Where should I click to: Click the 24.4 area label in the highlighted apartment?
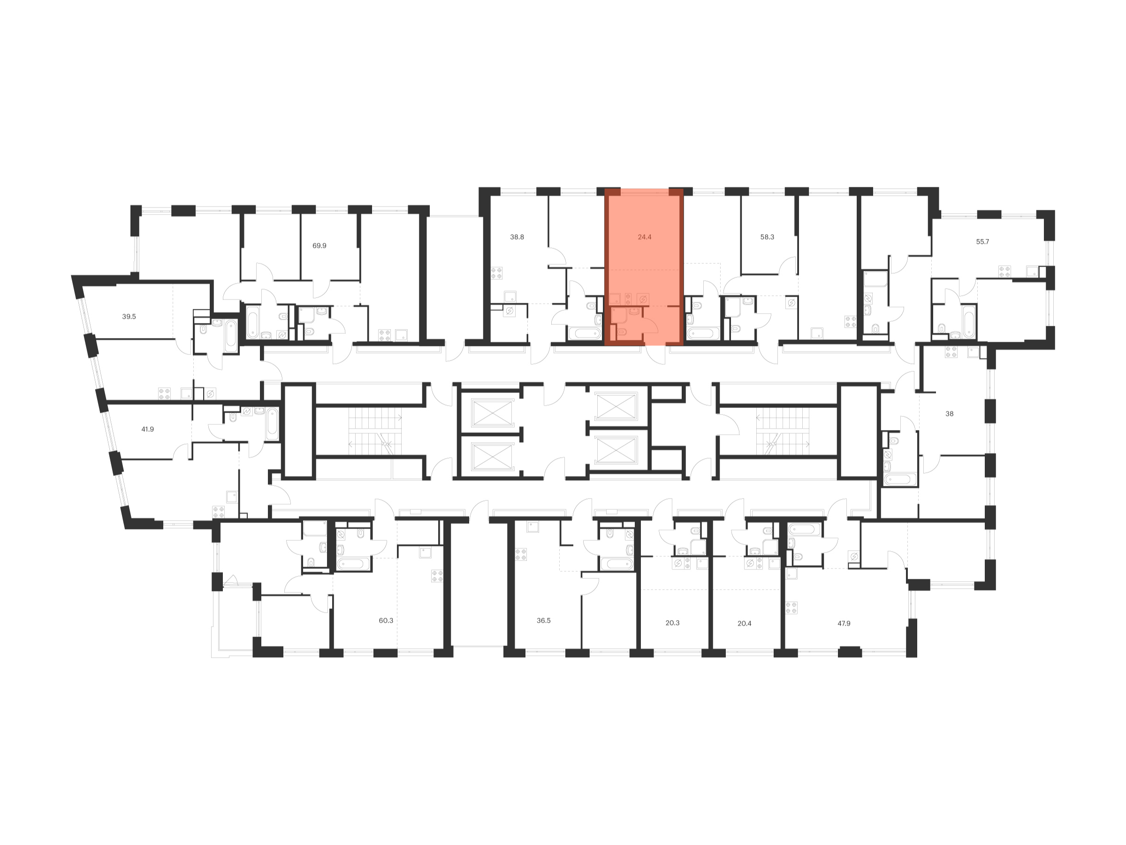tap(645, 237)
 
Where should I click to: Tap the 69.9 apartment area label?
tap(319, 246)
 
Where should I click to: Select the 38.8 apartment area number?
tap(517, 237)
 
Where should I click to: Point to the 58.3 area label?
tap(767, 237)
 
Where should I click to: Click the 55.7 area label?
tap(982, 241)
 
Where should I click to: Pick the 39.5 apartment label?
tap(129, 316)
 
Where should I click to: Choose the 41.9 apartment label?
tap(147, 429)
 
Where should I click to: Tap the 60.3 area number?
tap(386, 621)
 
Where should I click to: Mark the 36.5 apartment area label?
tap(544, 621)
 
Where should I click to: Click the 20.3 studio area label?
tap(672, 622)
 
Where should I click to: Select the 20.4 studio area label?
tap(744, 623)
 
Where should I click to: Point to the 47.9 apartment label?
tap(844, 623)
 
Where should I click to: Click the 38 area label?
tap(950, 414)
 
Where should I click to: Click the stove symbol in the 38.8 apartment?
tap(496, 273)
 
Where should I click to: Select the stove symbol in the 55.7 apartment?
tap(1004, 271)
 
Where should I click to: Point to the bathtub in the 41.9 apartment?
tap(272, 424)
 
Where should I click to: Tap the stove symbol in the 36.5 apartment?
tap(521, 554)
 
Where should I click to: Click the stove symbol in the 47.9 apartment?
tap(791, 607)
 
